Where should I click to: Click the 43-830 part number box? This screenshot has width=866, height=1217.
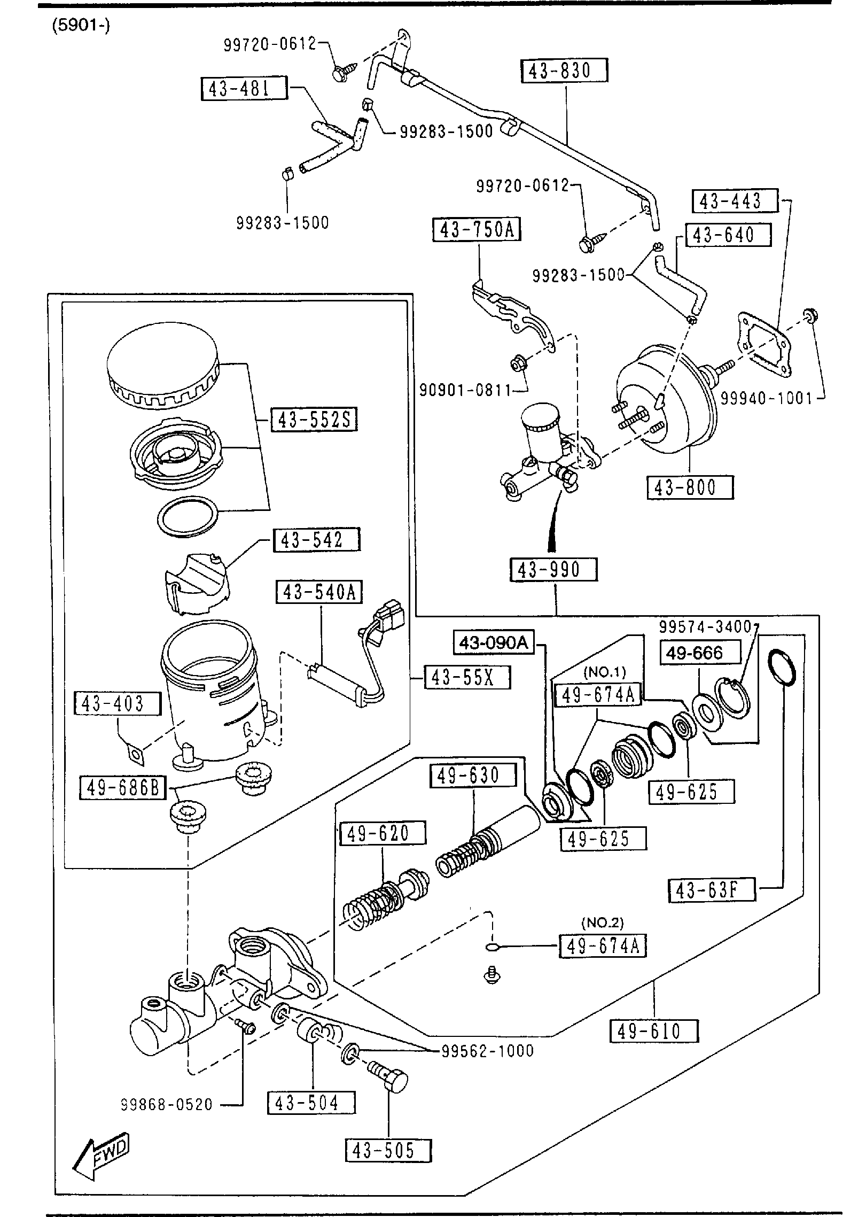tap(564, 71)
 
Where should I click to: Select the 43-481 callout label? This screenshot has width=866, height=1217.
tap(244, 89)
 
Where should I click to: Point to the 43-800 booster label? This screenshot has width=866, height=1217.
tap(690, 487)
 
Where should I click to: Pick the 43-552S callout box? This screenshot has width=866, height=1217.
tap(314, 420)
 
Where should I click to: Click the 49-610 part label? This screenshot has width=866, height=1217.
tap(654, 1031)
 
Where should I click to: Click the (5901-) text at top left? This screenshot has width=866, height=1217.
tap(81, 26)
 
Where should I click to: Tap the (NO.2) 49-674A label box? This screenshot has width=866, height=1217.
tap(603, 947)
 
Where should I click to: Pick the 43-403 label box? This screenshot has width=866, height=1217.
tap(118, 703)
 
